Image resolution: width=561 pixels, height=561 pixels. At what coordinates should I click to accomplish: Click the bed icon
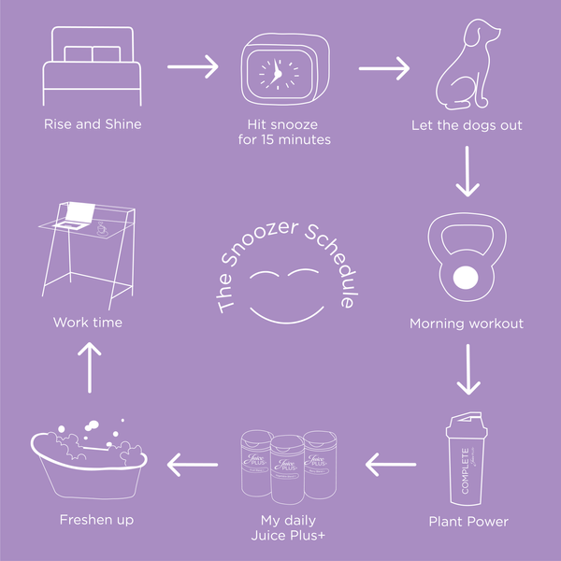[x=93, y=67]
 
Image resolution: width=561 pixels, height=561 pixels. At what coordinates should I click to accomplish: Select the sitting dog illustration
[x=465, y=67]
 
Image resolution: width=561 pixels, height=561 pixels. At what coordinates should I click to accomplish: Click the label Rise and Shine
[x=93, y=123]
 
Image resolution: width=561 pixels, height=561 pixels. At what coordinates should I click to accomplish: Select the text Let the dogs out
[x=467, y=124]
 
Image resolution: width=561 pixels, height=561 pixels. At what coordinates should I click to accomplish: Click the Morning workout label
[x=467, y=324]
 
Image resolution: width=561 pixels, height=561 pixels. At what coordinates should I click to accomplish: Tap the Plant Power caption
[x=467, y=521]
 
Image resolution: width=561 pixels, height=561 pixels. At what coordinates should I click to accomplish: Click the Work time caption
[x=88, y=323]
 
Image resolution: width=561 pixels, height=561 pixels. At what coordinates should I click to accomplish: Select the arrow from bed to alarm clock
[x=192, y=67]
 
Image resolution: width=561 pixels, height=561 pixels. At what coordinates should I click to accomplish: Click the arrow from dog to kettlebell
[x=467, y=173]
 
